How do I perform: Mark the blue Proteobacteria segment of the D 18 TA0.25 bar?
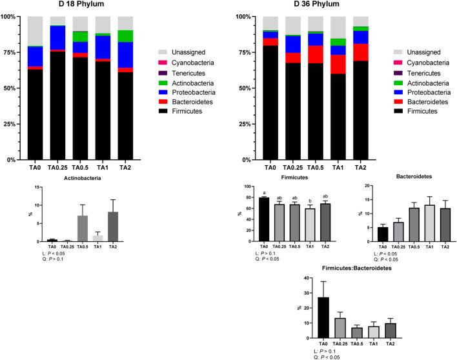(x=57, y=37)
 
